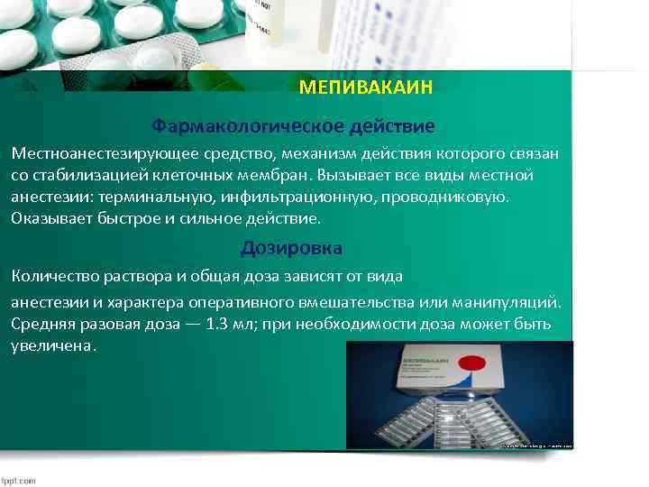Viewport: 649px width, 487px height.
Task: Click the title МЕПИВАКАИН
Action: [366, 88]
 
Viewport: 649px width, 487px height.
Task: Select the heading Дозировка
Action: [291, 248]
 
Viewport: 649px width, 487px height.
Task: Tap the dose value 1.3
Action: [215, 324]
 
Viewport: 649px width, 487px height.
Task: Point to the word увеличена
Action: [52, 346]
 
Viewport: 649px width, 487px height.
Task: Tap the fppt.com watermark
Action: [19, 480]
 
